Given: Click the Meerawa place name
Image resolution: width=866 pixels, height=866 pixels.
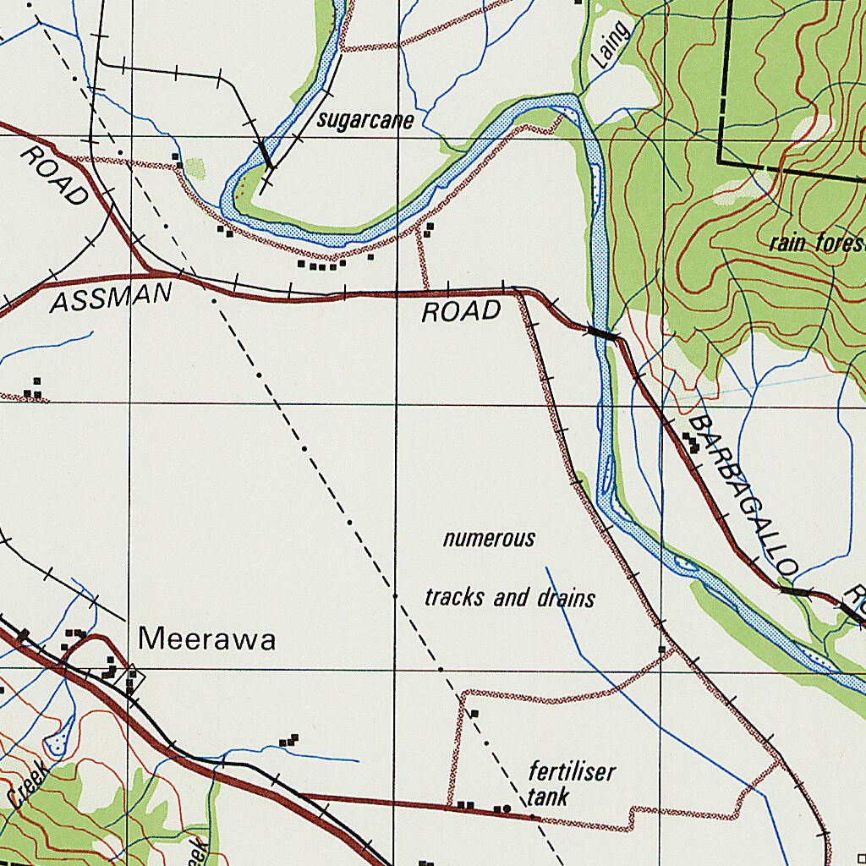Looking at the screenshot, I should click(x=207, y=639).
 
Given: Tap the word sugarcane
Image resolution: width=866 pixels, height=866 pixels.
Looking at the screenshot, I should click(x=365, y=121).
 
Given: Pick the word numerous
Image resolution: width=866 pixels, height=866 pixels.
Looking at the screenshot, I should click(x=489, y=539).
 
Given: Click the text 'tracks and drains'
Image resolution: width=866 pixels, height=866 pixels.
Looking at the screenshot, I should click(x=509, y=598).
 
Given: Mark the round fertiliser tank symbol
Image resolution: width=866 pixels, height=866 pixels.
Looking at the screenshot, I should click(x=507, y=808).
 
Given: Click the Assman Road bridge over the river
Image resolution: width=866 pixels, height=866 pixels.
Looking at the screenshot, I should click(x=602, y=334).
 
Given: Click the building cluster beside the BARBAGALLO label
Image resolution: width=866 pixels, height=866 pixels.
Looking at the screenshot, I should click(x=692, y=442).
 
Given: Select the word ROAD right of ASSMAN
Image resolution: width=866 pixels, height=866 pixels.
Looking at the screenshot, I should click(x=461, y=312).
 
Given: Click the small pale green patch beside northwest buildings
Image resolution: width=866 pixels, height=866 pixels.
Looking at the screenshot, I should click(x=195, y=168).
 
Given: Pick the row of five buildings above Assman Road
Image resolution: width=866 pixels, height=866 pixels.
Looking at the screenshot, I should click(x=321, y=266).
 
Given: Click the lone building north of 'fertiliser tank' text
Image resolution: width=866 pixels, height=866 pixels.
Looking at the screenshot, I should click(x=474, y=714).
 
